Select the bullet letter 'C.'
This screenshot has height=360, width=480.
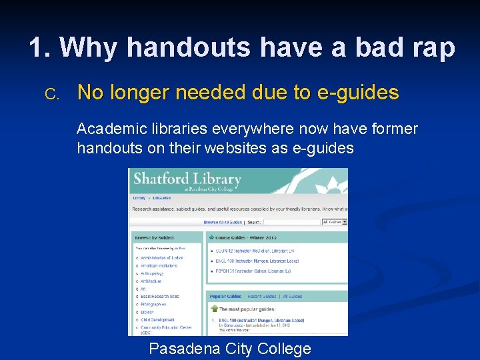tap(52, 94)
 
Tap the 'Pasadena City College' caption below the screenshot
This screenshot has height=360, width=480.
tap(230, 348)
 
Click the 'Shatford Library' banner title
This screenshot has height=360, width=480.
tap(187, 179)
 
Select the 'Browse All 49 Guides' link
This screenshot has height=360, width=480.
tap(223, 222)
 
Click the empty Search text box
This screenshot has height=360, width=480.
tap(292, 222)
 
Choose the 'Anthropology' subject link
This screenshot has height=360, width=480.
tap(152, 273)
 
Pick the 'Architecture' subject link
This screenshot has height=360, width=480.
tap(151, 281)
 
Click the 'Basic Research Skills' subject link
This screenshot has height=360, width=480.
tap(159, 297)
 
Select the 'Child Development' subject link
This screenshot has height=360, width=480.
tap(157, 320)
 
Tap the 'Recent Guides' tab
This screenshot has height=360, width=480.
tap(262, 296)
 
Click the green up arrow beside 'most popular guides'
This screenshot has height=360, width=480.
tap(215, 309)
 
